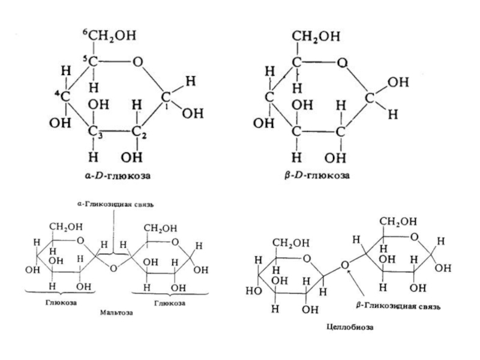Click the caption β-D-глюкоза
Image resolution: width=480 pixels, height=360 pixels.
[316, 177]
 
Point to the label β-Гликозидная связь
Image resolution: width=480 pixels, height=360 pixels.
[398, 306]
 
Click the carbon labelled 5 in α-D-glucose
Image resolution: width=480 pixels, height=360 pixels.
[95, 62]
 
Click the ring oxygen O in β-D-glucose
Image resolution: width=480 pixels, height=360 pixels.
[341, 62]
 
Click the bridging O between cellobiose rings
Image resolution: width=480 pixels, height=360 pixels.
[344, 265]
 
